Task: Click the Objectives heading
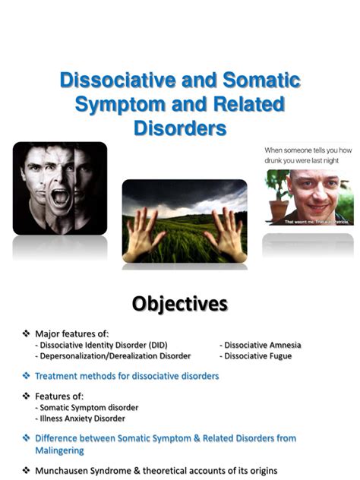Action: (x=179, y=305)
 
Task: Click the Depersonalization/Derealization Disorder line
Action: (x=114, y=355)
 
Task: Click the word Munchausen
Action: (x=68, y=470)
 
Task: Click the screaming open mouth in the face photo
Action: (x=60, y=198)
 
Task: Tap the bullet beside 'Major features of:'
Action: (x=26, y=333)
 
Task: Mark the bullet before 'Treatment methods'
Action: (x=26, y=376)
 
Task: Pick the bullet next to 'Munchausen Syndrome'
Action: (x=26, y=470)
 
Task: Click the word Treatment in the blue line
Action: (x=58, y=376)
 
